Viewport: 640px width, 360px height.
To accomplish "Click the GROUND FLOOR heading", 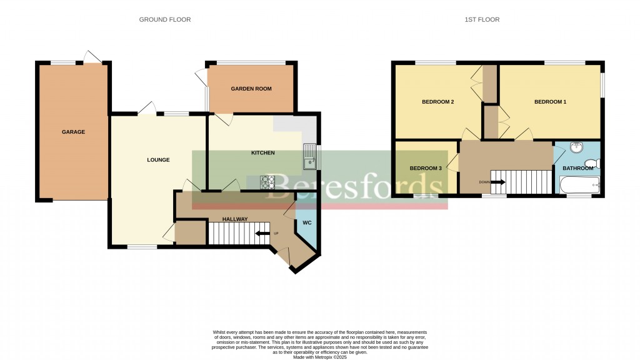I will tap(165, 19).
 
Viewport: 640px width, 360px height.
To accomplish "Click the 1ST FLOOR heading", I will tap(482, 19).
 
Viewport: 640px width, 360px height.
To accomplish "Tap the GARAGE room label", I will tap(73, 132).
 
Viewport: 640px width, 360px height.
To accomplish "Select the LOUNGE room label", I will tap(158, 160).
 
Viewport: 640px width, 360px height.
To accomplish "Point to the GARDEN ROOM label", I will tap(251, 89).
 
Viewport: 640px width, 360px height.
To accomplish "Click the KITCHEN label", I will tap(262, 152).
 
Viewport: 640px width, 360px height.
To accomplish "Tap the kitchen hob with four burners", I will tap(268, 182).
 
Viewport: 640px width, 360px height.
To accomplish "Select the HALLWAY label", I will tap(235, 219).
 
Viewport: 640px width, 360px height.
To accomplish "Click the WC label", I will tap(307, 222).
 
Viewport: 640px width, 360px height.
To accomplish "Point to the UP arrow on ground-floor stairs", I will tap(262, 234).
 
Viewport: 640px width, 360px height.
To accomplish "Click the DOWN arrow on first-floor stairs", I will tap(498, 182).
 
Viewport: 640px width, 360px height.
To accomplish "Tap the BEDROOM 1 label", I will tap(550, 102).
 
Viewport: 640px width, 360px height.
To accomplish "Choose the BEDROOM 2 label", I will tap(437, 102).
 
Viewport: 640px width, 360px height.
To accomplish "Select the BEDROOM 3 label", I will tap(426, 168).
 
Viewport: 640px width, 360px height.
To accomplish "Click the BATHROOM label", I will tap(577, 168).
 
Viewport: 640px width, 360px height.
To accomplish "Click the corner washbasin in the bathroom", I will tap(576, 149).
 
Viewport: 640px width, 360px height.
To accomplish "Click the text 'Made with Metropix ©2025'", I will tap(319, 356).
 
